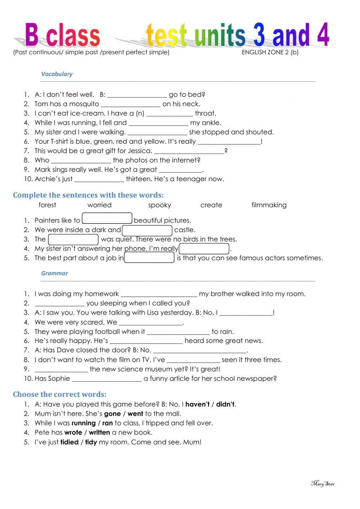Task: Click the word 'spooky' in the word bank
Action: [x=159, y=205]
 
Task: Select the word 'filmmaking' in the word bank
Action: [x=269, y=205]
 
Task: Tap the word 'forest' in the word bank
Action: [x=47, y=205]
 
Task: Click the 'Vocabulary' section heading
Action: [x=57, y=74]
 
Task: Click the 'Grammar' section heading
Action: [x=54, y=273]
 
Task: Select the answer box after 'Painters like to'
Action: [x=107, y=219]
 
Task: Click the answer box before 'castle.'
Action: [x=147, y=230]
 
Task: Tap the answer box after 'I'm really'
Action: [x=204, y=249]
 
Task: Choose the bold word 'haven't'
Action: [x=197, y=404]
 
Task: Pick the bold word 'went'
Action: [x=135, y=414]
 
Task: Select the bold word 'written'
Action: [x=99, y=432]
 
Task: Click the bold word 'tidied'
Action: [x=69, y=442]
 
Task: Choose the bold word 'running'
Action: [x=84, y=423]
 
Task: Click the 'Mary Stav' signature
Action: [x=323, y=483]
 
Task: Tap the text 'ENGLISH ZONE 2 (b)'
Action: [x=270, y=52]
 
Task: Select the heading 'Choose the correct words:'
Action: [x=60, y=394]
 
